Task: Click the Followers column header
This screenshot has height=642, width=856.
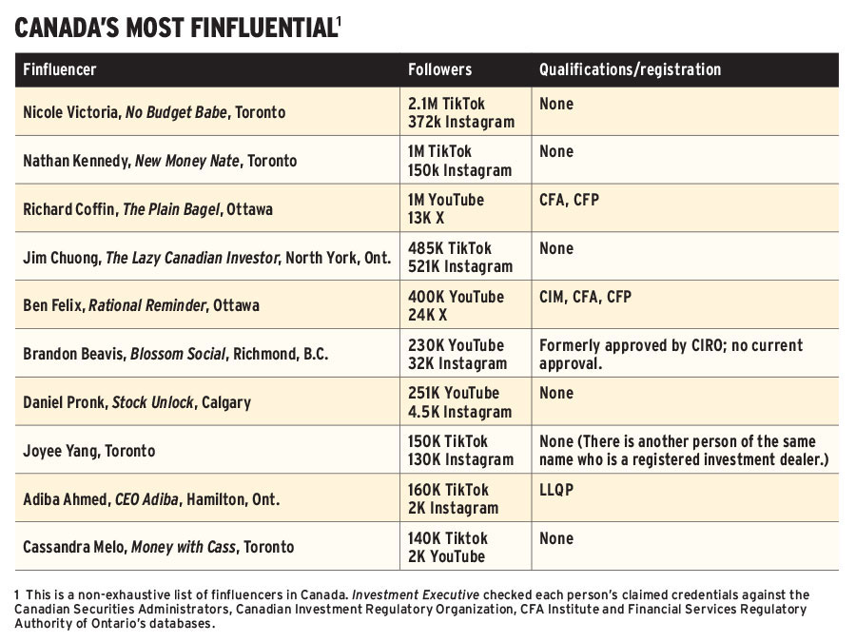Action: point(439,69)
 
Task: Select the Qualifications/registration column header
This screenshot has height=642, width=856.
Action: point(630,69)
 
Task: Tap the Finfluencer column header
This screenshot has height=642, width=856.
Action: point(60,69)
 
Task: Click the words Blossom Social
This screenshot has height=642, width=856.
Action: point(178,354)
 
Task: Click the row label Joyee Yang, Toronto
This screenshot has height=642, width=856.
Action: point(88,451)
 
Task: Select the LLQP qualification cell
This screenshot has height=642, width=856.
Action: point(560,490)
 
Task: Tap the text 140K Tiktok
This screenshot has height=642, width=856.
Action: point(447,537)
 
